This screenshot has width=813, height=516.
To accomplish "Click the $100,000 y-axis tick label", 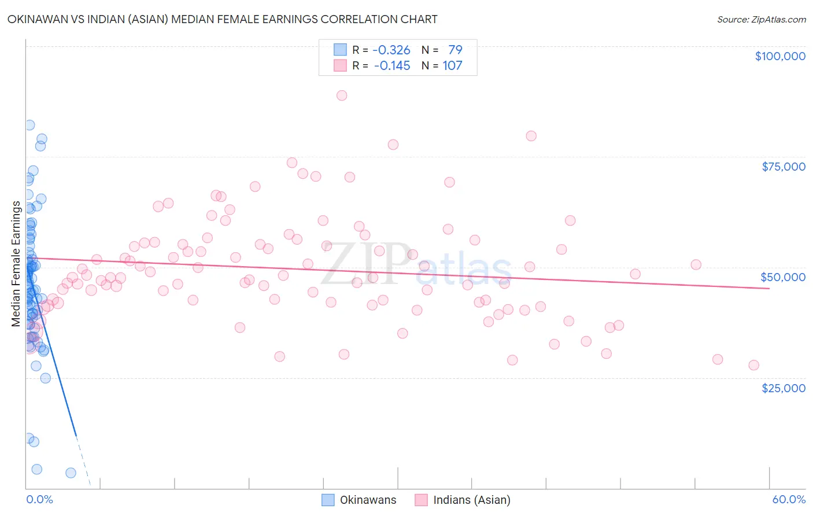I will tap(779, 56).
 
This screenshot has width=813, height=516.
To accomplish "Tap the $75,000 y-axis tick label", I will tap(783, 167).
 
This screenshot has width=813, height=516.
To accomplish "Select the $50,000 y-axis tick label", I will tap(782, 277).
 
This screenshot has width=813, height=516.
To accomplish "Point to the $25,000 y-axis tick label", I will tap(783, 388).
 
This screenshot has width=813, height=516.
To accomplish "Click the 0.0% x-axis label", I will tap(39, 499).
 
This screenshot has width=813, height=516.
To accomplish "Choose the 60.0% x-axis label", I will tap(788, 499).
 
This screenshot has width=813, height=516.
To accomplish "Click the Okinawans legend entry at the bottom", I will tap(360, 500).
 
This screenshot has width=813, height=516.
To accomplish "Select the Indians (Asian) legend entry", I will tap(463, 500).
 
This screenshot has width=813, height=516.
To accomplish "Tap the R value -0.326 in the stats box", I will tap(391, 50).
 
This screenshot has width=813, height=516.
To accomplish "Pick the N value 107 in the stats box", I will tap(452, 65).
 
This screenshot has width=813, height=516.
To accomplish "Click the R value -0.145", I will tap(391, 65).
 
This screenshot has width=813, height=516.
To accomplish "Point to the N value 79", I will tap(455, 50).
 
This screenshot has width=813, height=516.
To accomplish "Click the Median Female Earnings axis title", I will tap(16, 264).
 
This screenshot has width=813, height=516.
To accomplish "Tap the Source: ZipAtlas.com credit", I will tap(761, 20).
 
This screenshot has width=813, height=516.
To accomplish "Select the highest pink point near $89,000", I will tap(342, 95).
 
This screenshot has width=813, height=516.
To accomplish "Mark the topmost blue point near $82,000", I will tap(29, 125).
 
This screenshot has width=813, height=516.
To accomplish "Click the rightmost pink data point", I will tap(753, 365).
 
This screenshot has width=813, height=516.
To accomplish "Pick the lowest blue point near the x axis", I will tap(71, 473).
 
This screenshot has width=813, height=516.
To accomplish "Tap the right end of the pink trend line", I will tap(769, 288).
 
